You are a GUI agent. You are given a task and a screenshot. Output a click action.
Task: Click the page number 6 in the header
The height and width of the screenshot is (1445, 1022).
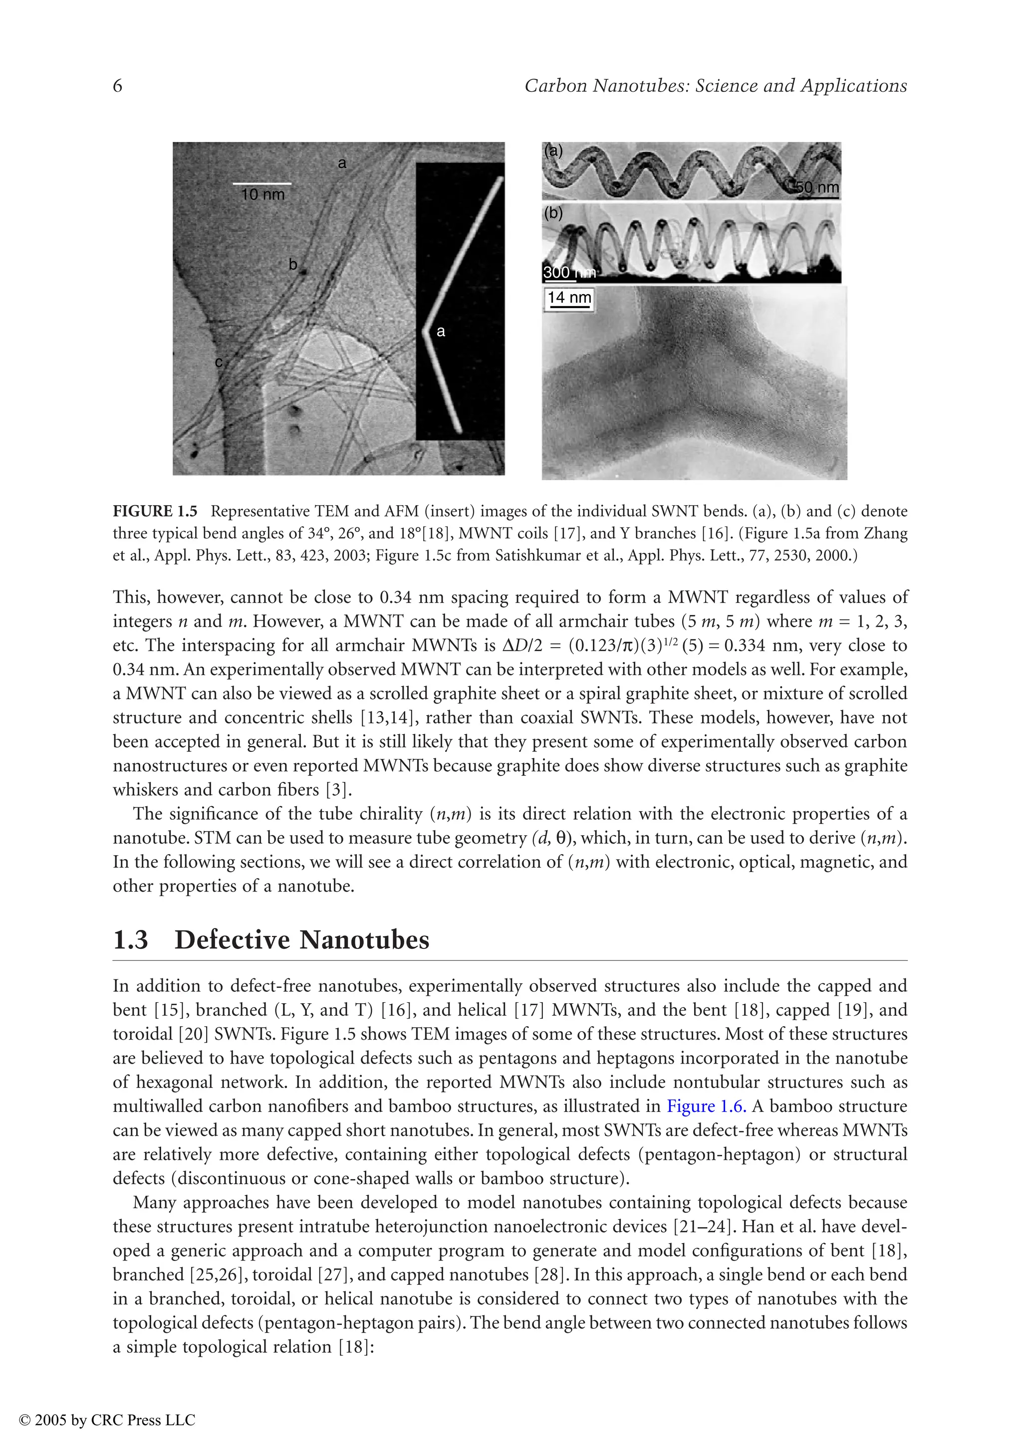[x=118, y=86]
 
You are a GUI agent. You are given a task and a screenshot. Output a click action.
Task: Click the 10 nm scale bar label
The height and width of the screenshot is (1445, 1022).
[x=262, y=194]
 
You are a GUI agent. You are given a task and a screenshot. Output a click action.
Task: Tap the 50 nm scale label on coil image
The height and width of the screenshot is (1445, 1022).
[x=817, y=187]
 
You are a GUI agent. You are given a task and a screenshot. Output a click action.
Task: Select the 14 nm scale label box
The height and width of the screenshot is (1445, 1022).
[x=569, y=298]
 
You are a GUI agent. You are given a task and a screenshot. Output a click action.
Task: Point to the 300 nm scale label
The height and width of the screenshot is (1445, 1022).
[x=568, y=273]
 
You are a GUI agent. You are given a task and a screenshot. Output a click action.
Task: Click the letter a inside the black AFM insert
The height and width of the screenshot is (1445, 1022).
[x=441, y=331]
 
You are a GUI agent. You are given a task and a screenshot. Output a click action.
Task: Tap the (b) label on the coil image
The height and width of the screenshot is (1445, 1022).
[x=553, y=213]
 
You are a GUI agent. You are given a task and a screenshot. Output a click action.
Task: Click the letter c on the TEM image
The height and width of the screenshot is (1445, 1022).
[x=219, y=362]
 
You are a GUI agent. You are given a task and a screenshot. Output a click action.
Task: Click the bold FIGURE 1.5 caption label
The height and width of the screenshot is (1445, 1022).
[x=155, y=511]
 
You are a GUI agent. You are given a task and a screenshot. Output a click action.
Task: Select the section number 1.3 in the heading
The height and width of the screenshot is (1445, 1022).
[x=130, y=940]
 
